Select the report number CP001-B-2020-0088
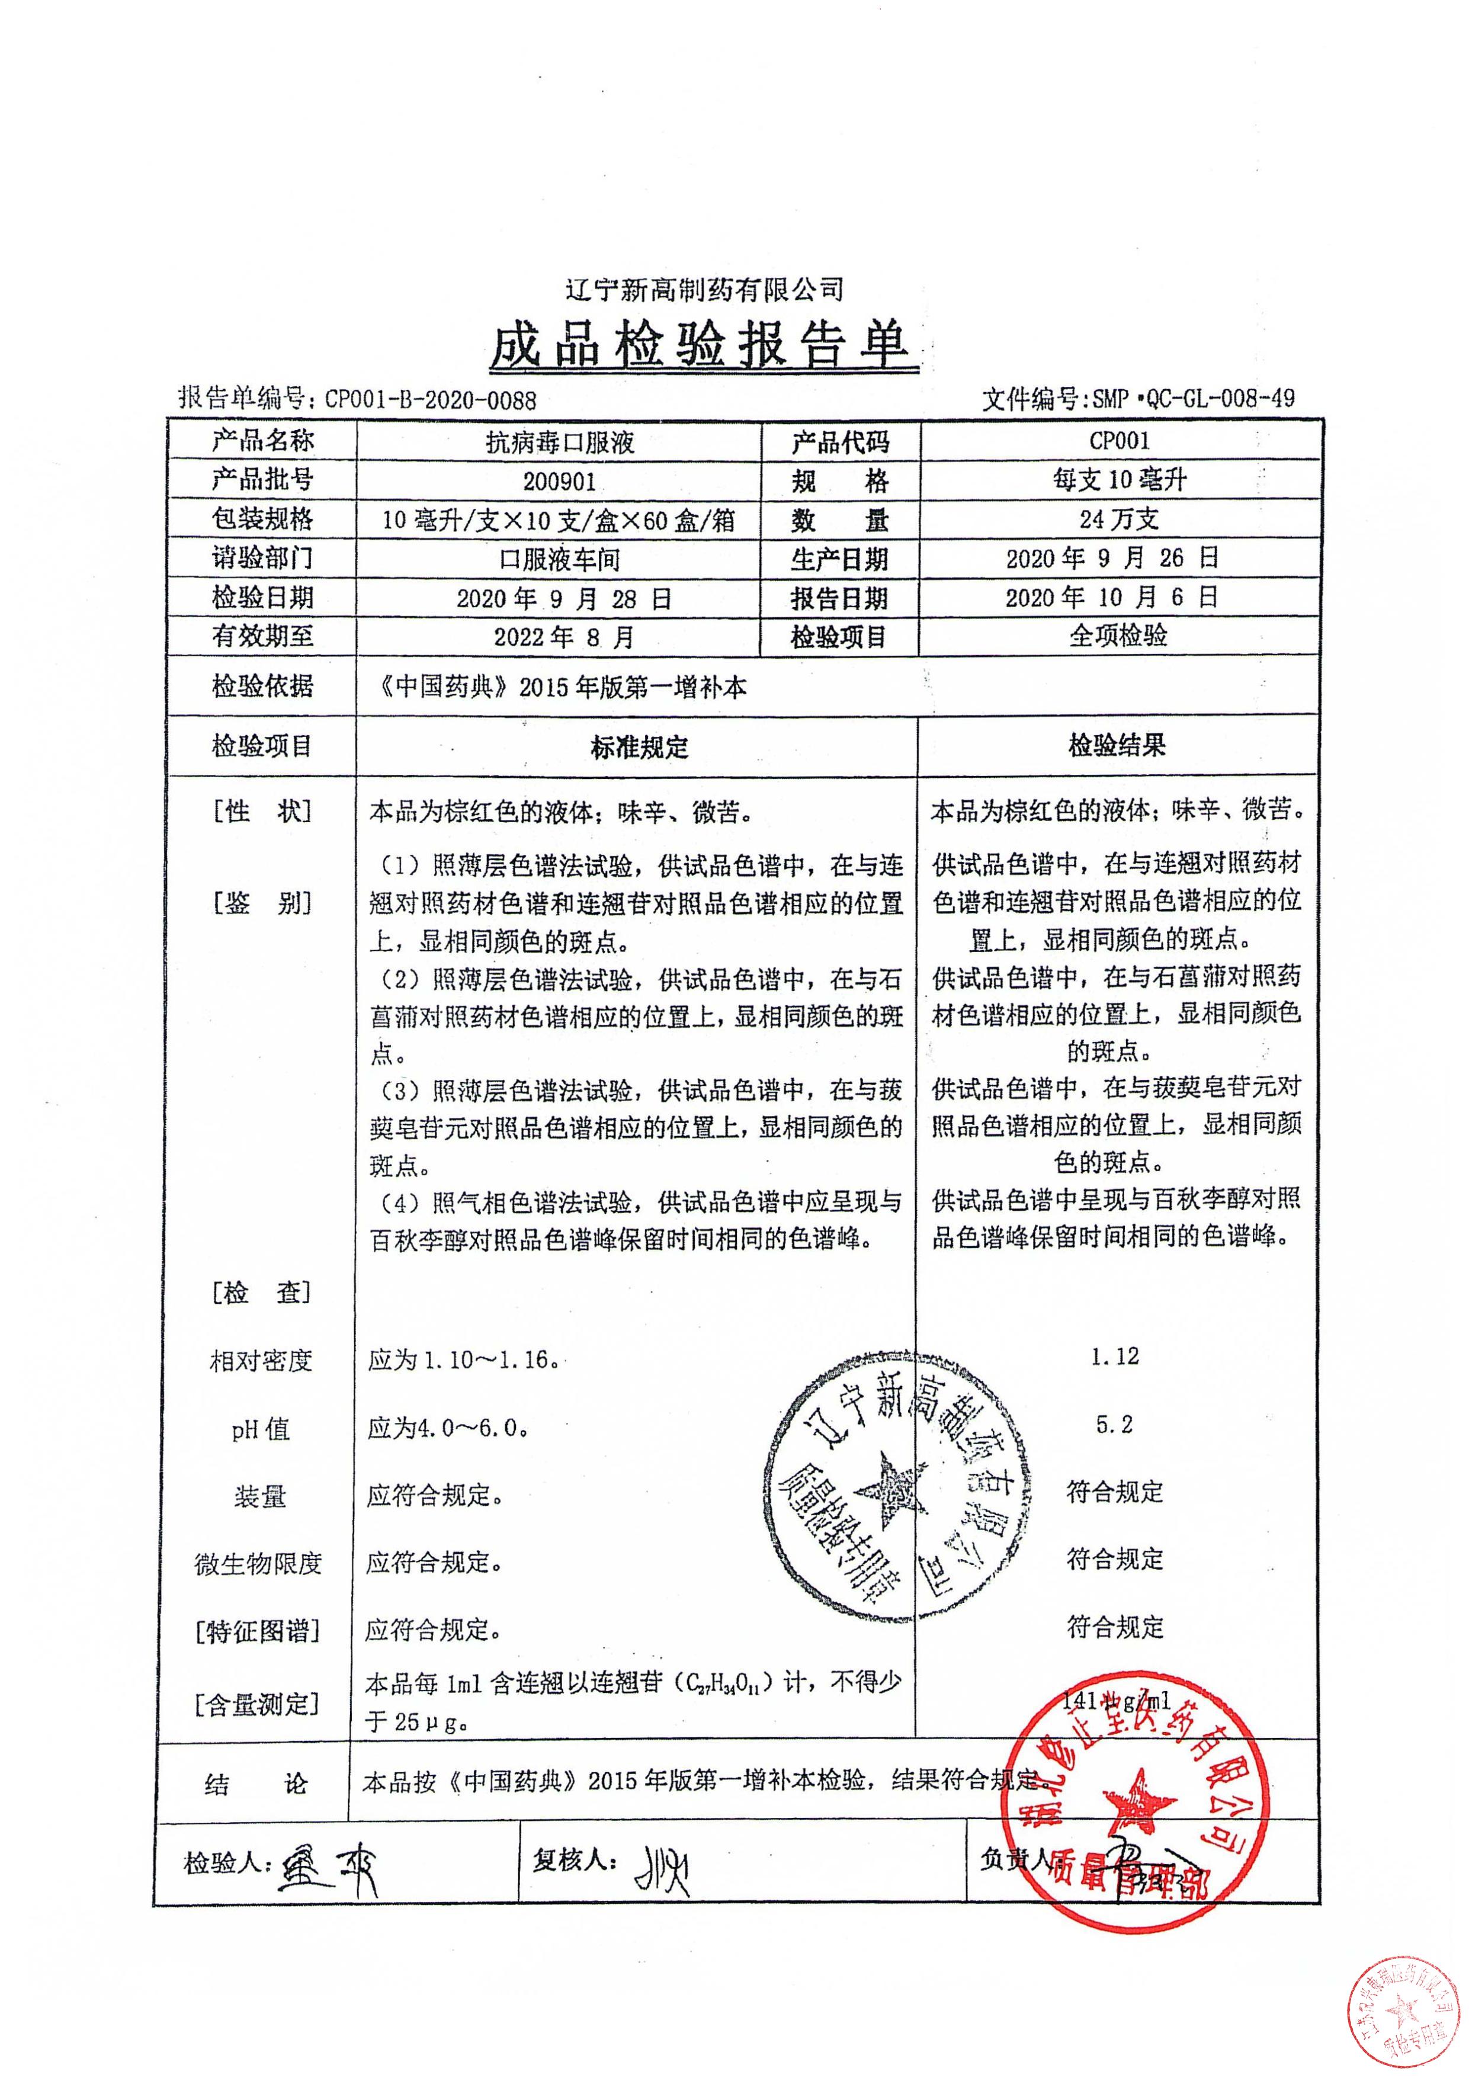pos(430,399)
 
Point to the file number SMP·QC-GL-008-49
pos(1193,397)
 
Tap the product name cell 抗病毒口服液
pos(559,442)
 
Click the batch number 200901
pos(559,482)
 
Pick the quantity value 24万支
pos(1119,519)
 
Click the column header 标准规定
pos(639,746)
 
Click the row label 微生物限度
pos(259,1563)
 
